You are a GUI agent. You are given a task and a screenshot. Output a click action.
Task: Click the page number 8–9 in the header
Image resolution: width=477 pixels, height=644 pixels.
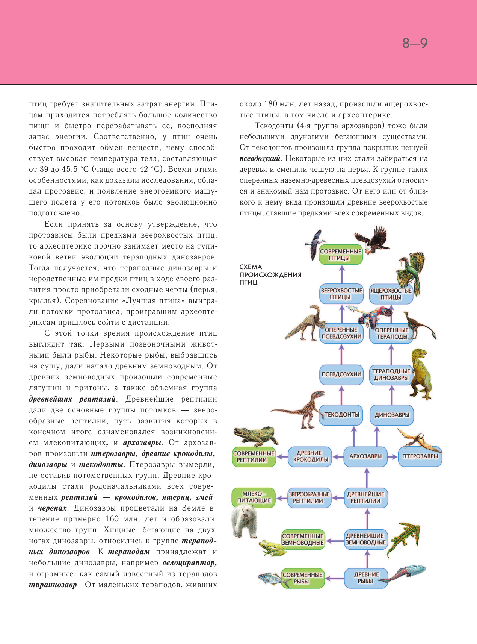pyautogui.click(x=415, y=44)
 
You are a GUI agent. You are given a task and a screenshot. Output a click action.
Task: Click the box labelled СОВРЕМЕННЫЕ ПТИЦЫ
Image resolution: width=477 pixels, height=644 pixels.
pyautogui.click(x=341, y=255)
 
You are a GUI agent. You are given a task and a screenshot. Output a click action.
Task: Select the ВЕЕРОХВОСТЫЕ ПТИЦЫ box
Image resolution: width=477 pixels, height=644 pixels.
pyautogui.click(x=341, y=294)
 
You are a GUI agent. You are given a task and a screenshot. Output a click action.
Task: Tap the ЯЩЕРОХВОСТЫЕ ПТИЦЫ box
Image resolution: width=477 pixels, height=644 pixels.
pyautogui.click(x=391, y=294)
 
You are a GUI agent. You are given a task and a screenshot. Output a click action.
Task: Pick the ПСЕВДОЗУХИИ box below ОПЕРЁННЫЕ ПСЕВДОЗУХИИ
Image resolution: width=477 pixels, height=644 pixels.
pyautogui.click(x=341, y=374)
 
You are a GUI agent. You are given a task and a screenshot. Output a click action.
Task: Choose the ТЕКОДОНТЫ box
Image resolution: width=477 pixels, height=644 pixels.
pyautogui.click(x=341, y=415)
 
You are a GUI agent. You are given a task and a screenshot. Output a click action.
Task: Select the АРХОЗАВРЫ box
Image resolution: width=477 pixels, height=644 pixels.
pyautogui.click(x=365, y=456)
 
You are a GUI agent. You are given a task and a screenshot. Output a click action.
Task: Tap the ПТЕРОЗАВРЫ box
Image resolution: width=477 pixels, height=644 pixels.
pyautogui.click(x=420, y=456)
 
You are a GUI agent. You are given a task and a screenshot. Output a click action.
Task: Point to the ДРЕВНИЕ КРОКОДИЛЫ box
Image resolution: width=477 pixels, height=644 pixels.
pyautogui.click(x=310, y=456)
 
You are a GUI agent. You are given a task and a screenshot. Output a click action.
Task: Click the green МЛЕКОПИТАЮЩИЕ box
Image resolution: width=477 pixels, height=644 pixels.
pyautogui.click(x=254, y=497)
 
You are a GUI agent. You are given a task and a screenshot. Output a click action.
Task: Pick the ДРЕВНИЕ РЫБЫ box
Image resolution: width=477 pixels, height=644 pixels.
pyautogui.click(x=366, y=578)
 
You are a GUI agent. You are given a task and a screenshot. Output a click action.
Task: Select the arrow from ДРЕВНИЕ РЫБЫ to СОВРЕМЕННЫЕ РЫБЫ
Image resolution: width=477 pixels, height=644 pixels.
pyautogui.click(x=334, y=578)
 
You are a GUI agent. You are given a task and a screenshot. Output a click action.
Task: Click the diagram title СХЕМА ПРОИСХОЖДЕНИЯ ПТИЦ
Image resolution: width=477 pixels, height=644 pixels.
pyautogui.click(x=270, y=274)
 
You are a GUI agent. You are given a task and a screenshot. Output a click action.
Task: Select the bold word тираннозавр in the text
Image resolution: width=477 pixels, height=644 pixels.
pyautogui.click(x=53, y=585)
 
